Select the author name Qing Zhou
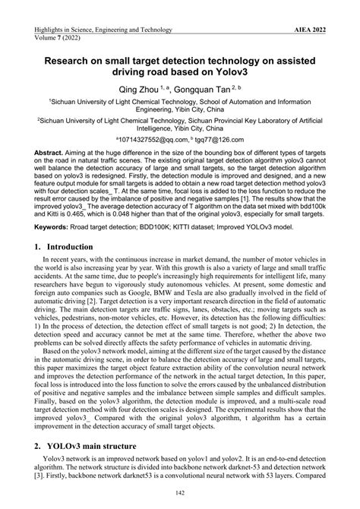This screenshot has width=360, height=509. click(x=137, y=89)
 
